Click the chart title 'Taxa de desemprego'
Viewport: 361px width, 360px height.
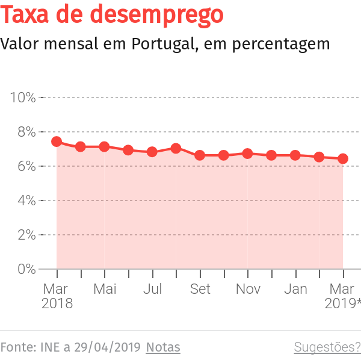[x=113, y=15]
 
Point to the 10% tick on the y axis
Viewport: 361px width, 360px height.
[x=23, y=98]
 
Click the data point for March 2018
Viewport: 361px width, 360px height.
[x=57, y=141]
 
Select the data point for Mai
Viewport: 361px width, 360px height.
[x=104, y=147]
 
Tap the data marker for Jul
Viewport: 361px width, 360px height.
[x=152, y=152]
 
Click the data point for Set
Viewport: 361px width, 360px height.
[x=200, y=155]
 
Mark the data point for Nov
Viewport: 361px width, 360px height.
[x=247, y=154]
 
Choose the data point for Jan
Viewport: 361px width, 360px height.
[x=295, y=155]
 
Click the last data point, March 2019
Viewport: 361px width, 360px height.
[x=343, y=159]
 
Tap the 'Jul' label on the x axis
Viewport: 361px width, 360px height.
[x=152, y=289]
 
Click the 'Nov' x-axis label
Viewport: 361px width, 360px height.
[x=248, y=289]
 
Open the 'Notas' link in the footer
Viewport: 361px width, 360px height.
[x=163, y=347]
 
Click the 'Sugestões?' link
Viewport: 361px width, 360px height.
[x=327, y=347]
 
